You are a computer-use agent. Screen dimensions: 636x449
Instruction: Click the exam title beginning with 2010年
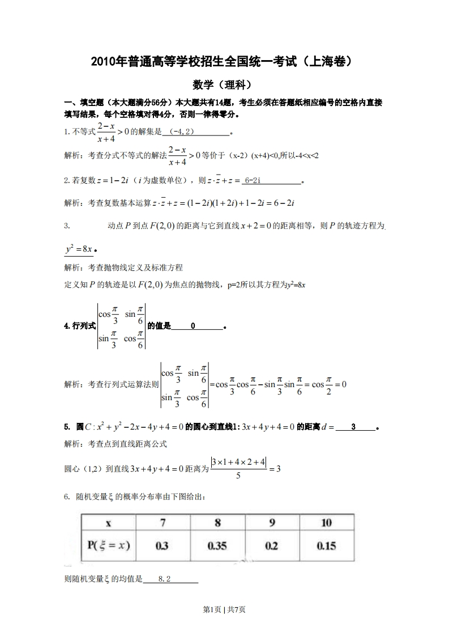point(225,61)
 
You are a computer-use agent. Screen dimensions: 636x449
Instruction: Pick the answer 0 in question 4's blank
point(193,326)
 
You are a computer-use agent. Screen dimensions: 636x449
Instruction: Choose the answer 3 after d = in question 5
point(353,426)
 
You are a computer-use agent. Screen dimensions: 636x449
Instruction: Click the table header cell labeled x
point(108,523)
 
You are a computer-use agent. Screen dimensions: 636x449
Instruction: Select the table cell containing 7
point(163,523)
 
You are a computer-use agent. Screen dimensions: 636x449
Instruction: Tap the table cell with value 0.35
point(217,546)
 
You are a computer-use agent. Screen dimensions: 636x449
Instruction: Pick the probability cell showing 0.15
point(326,546)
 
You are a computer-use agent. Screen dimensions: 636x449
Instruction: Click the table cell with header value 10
point(326,523)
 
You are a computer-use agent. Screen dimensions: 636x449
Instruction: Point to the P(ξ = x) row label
point(108,546)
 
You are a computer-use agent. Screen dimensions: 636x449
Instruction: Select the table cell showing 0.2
point(272,546)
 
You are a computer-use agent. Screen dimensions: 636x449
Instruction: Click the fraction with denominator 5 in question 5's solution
point(238,468)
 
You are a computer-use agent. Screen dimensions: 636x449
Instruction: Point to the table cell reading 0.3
point(163,546)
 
